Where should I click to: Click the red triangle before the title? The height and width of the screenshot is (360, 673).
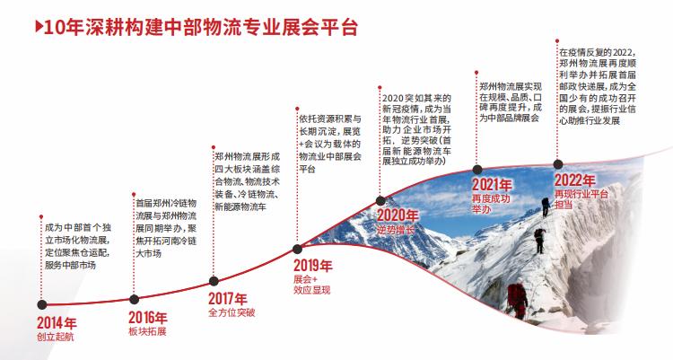click(39, 27)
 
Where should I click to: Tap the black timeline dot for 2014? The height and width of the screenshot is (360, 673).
click(41, 304)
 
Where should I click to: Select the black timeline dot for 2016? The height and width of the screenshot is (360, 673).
click(134, 300)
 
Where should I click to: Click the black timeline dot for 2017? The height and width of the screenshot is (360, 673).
click(214, 281)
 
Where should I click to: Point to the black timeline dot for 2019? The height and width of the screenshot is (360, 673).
click(297, 249)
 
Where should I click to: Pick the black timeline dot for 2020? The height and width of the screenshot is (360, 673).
click(380, 200)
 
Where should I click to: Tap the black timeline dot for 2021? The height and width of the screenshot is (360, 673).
click(476, 170)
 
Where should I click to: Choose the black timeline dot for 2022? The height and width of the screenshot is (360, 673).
click(557, 164)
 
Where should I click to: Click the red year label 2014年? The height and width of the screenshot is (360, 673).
click(57, 322)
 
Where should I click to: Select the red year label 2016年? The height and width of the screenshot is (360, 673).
click(148, 318)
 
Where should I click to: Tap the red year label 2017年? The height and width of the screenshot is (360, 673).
click(228, 299)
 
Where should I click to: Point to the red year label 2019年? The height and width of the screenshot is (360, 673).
click(313, 266)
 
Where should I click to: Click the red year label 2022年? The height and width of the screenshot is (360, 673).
click(574, 180)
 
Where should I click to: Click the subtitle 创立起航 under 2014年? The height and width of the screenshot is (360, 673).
click(56, 336)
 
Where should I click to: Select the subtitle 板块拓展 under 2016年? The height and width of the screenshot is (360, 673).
click(147, 331)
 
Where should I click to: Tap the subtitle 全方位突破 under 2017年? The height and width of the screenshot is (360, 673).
click(232, 312)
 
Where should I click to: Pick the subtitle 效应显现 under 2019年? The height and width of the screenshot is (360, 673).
click(312, 290)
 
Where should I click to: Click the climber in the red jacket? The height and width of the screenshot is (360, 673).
click(517, 300)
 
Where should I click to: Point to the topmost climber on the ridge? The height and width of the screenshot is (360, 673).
click(546, 206)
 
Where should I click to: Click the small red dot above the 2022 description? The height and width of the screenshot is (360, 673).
click(557, 41)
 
